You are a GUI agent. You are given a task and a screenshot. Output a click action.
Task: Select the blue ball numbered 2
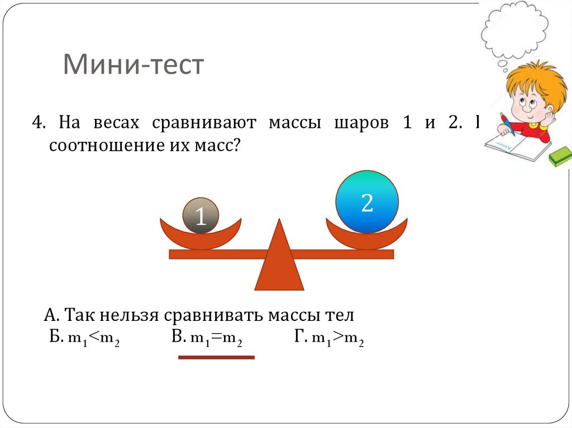(367, 201)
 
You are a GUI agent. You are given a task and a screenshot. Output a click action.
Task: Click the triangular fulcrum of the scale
(279, 262)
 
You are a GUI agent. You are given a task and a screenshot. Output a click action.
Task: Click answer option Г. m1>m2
(330, 339)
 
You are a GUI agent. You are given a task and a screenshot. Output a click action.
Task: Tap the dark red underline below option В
(216, 357)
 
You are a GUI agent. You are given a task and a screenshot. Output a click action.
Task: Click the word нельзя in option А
(131, 316)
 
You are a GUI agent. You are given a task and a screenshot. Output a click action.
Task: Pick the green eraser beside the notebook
(560, 157)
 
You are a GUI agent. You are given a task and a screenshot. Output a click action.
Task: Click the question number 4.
(37, 123)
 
